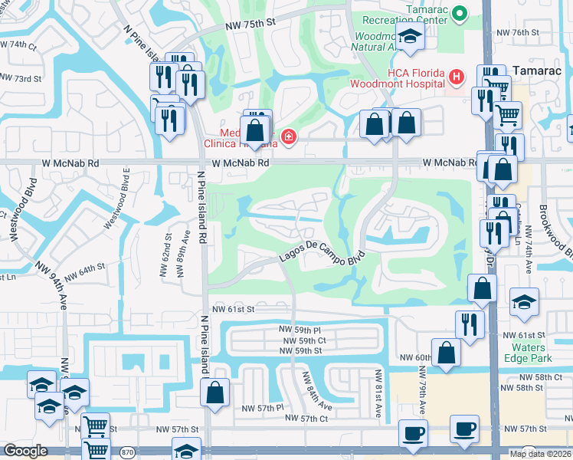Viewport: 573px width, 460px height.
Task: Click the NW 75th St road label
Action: point(250,25)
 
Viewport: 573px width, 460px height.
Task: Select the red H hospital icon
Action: point(457,77)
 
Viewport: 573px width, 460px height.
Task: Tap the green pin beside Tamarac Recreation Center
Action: point(460,13)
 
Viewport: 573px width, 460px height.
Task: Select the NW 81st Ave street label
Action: point(378,393)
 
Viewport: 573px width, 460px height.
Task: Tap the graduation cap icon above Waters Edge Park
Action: point(525,301)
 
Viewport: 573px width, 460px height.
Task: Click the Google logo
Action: point(25,451)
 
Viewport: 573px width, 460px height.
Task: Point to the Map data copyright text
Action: point(539,454)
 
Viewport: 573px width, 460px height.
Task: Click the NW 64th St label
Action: point(84,271)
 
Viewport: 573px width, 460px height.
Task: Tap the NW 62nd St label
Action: point(164,257)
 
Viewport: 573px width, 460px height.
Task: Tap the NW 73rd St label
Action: point(21,78)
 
